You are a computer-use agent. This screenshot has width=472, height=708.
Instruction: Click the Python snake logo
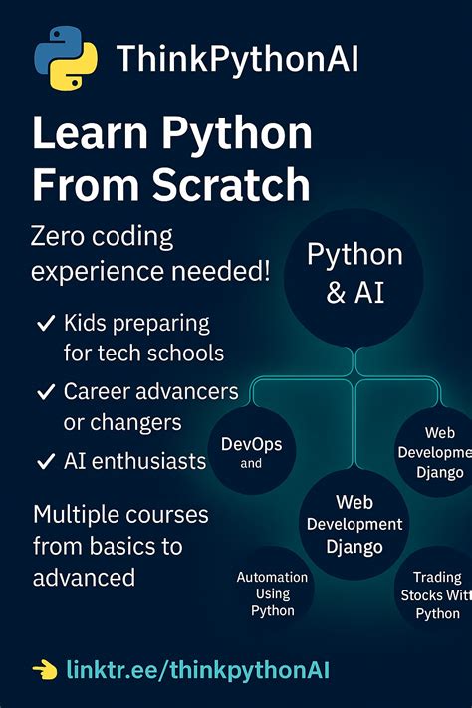coord(65,60)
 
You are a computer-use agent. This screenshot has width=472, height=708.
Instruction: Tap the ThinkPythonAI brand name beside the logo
coord(237,60)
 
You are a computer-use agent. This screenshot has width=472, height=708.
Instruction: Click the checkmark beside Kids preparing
coord(45,324)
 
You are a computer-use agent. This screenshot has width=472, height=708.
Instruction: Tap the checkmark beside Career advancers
coord(45,392)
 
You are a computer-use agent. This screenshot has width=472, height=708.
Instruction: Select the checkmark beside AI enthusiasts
coord(45,461)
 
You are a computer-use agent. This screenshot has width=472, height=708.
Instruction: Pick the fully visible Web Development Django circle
coord(354,525)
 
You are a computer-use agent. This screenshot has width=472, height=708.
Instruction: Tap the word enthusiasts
coord(153,460)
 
